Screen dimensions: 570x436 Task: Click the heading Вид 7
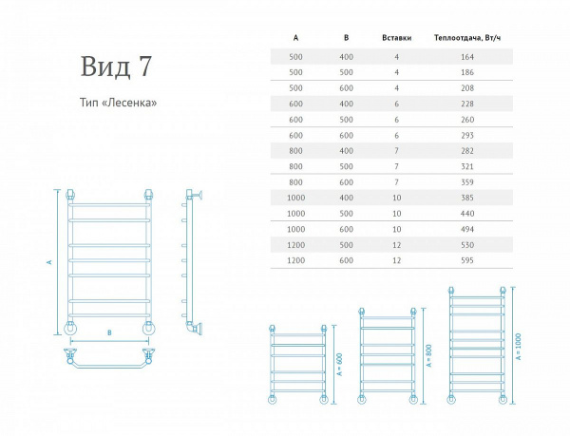116,66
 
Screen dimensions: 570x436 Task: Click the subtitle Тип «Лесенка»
118,103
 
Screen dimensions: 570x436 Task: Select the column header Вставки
396,38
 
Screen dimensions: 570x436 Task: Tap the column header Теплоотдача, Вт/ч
467,38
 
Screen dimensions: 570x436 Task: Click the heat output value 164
467,57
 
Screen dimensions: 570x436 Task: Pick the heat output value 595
467,260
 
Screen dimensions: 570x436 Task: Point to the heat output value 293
467,136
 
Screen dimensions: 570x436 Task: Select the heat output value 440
467,214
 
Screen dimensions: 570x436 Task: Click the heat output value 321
467,167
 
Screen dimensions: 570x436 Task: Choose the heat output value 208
467,88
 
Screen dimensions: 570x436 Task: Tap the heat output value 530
467,245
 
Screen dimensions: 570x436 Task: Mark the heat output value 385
467,198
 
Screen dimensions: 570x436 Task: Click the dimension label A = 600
340,364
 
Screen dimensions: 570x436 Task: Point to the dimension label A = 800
429,355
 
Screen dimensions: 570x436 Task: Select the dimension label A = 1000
518,347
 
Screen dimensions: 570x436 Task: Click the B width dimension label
109,332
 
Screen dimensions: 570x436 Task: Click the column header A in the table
295,38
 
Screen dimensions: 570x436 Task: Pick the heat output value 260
467,120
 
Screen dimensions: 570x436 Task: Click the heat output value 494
467,229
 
